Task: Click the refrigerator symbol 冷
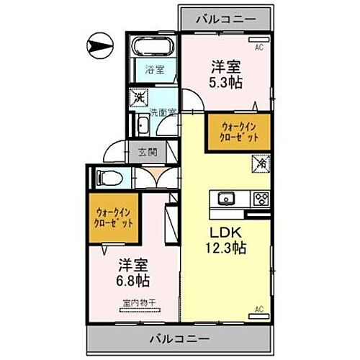coord(258,164)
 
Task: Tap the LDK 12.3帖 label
coord(228,240)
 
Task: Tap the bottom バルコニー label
coord(179,338)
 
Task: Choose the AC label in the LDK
coord(259,309)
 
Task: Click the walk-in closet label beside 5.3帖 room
coord(238,131)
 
